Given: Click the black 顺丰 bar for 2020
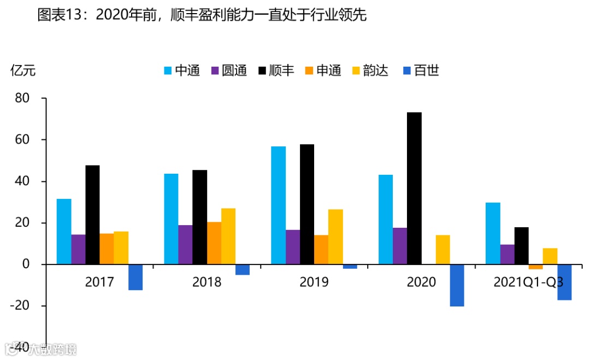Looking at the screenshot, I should tap(414, 188).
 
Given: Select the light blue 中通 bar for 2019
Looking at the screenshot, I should tap(278, 205).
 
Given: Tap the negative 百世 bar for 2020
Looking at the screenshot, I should tap(457, 285).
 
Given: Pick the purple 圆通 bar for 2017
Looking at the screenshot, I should tap(78, 250).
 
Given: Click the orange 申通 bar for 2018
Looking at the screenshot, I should tap(214, 243).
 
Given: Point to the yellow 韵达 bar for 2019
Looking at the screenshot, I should tap(335, 237).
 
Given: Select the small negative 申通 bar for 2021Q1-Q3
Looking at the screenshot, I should tap(535, 267).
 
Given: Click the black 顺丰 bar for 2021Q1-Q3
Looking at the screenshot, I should tap(521, 246).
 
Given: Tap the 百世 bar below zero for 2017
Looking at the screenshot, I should tap(135, 277).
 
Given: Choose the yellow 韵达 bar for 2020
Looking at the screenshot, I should tap(442, 250).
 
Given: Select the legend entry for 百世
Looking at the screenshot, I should tap(421, 70).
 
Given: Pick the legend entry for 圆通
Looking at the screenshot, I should tap(229, 70).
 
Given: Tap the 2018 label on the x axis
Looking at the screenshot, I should tap(206, 282).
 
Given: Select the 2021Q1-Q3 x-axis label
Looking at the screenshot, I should tap(528, 282).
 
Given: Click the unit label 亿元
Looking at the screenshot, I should tap(23, 70).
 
